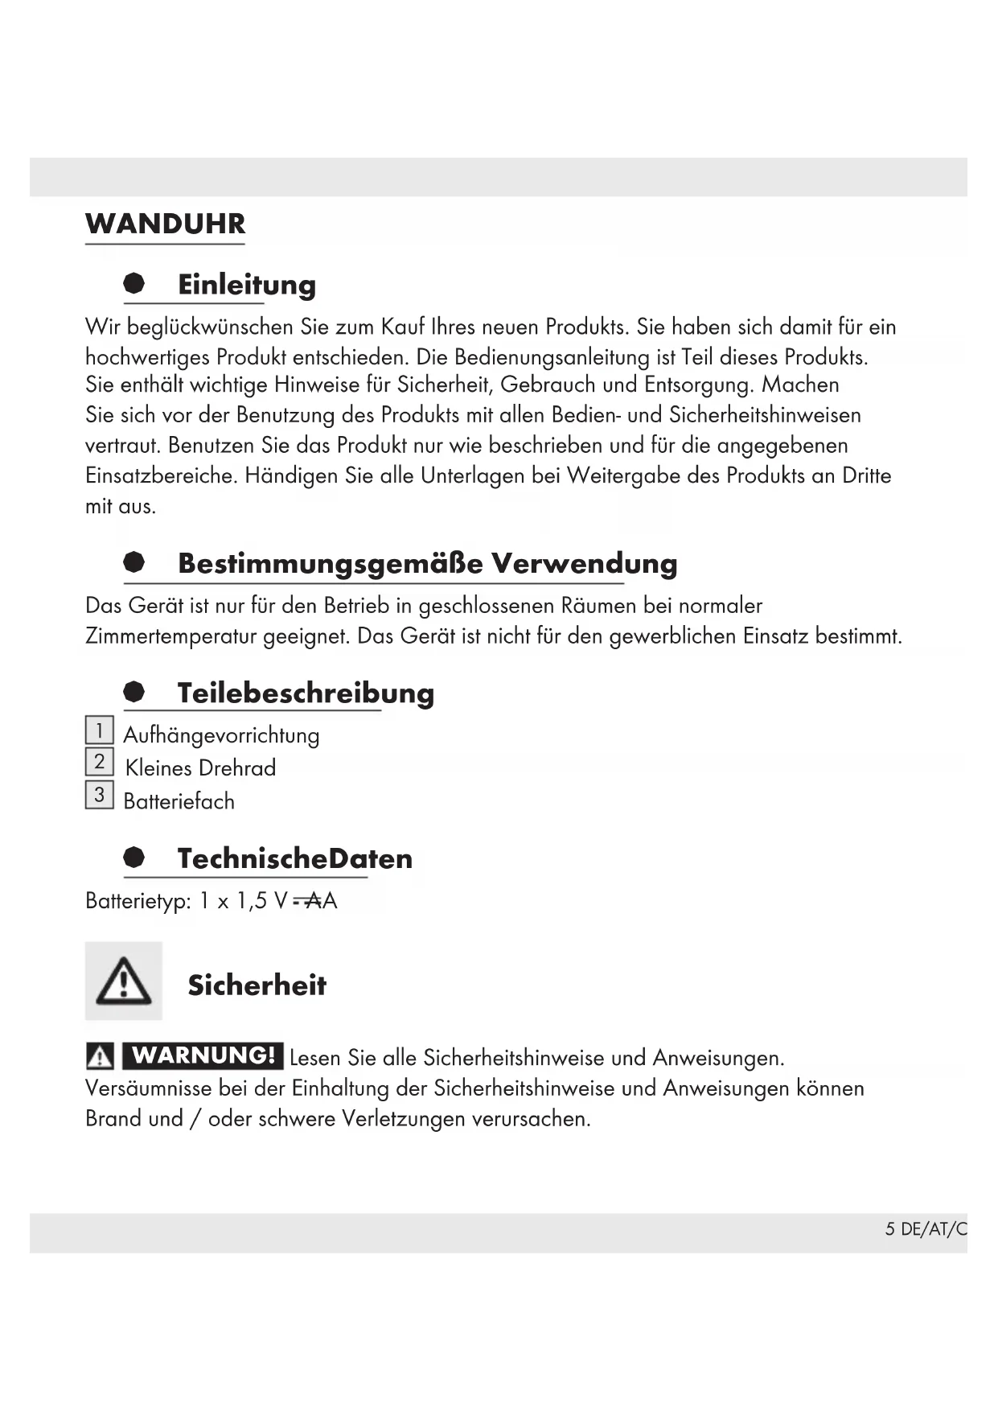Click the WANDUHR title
(165, 224)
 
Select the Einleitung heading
(246, 285)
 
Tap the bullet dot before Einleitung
(134, 283)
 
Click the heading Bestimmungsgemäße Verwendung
(427, 563)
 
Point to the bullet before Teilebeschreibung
(134, 692)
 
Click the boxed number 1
(99, 730)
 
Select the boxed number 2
(99, 762)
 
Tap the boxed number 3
(99, 796)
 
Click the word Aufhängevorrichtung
(221, 735)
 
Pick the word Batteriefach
(179, 801)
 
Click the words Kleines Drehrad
(200, 768)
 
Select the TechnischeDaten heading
(294, 858)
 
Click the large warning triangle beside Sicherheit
(124, 981)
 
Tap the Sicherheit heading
(257, 985)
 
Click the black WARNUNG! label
(203, 1055)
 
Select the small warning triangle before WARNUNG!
(100, 1055)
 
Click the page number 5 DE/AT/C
(926, 1228)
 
